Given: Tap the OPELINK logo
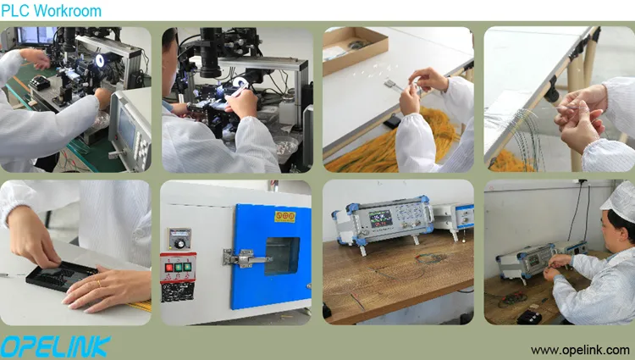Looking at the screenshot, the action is pyautogui.click(x=55, y=346).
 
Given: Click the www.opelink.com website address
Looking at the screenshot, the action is pyautogui.click(x=580, y=350).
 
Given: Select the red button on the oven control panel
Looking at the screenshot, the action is pyautogui.click(x=168, y=268).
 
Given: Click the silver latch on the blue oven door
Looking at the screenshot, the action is pyautogui.click(x=245, y=258).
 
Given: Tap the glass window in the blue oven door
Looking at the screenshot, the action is pyautogui.click(x=282, y=256).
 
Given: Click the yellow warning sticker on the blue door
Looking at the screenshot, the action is pyautogui.click(x=285, y=217).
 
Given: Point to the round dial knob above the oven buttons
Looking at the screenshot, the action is pyautogui.click(x=179, y=243).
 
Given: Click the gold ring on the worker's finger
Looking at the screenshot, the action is pyautogui.click(x=99, y=284).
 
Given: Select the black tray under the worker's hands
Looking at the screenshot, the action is pyautogui.click(x=61, y=276).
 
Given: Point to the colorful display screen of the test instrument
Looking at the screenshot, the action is pyautogui.click(x=380, y=219).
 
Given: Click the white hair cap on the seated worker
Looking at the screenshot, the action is pyautogui.click(x=620, y=201).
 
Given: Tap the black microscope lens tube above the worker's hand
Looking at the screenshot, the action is pyautogui.click(x=211, y=53).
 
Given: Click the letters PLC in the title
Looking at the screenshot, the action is pyautogui.click(x=15, y=10).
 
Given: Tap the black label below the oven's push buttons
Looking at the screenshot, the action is pyautogui.click(x=178, y=292).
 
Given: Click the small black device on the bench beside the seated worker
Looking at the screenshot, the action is pyautogui.click(x=529, y=317).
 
